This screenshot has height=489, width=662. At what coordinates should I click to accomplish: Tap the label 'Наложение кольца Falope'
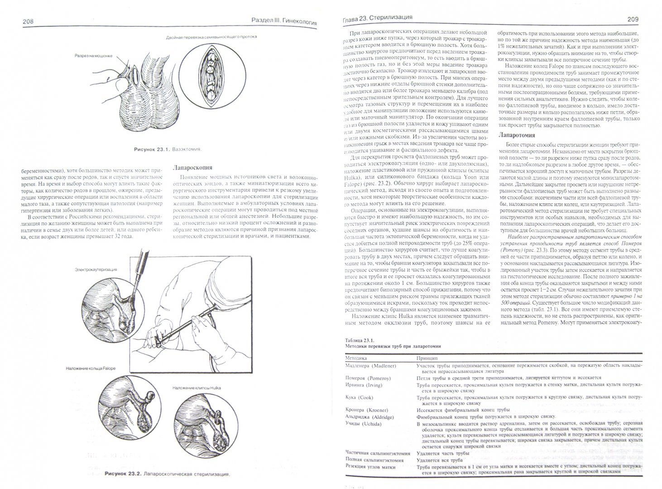click(90, 368)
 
